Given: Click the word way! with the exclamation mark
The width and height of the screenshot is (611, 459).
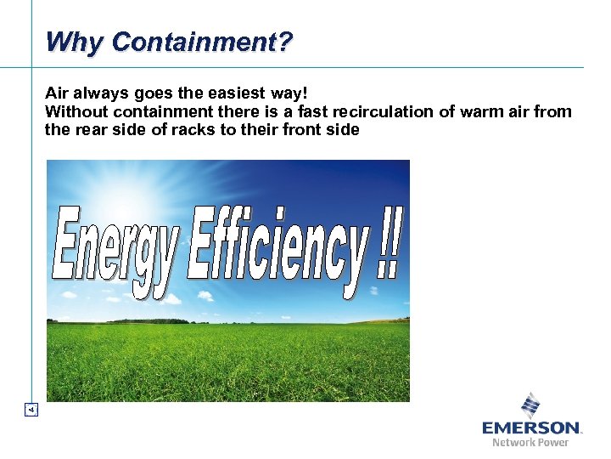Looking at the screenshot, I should point(312,93).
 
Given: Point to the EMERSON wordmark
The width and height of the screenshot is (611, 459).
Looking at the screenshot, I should point(530,428).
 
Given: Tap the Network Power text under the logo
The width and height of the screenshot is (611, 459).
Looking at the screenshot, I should point(530,442).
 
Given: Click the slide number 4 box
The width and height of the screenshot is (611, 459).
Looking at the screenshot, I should point(31,410).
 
